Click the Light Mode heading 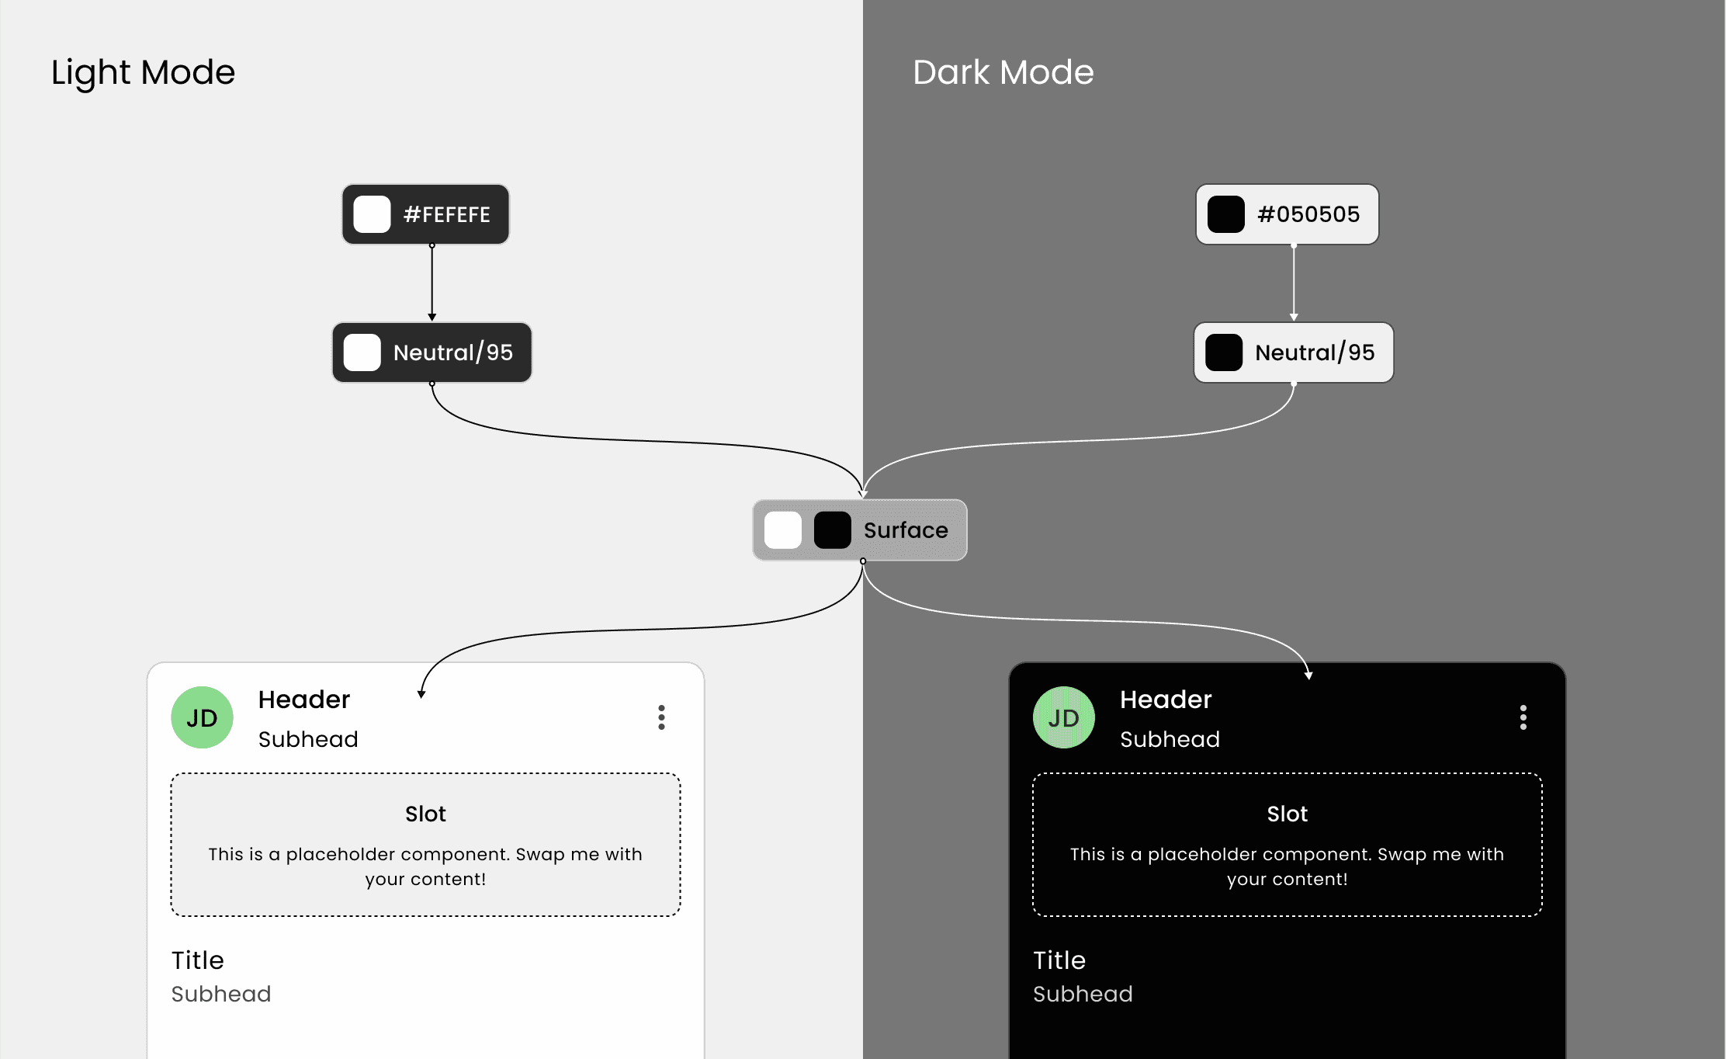pyautogui.click(x=143, y=73)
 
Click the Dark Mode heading pyautogui.click(x=1003, y=73)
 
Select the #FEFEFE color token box pyautogui.click(x=425, y=214)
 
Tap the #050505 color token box pyautogui.click(x=1287, y=214)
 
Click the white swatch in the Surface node pyautogui.click(x=782, y=530)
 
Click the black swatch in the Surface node pyautogui.click(x=832, y=530)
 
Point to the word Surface pyautogui.click(x=906, y=530)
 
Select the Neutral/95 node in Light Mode pyautogui.click(x=432, y=352)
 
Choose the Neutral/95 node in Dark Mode pyautogui.click(x=1294, y=352)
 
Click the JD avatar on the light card pyautogui.click(x=202, y=717)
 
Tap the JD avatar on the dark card pyautogui.click(x=1063, y=717)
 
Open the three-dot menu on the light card pyautogui.click(x=661, y=717)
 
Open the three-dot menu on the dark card pyautogui.click(x=1523, y=717)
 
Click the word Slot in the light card pyautogui.click(x=425, y=814)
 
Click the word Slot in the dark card pyautogui.click(x=1287, y=814)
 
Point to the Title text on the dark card pyautogui.click(x=1059, y=960)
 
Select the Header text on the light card pyautogui.click(x=304, y=700)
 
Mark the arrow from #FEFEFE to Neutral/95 pyautogui.click(x=432, y=283)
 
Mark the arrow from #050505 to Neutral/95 pyautogui.click(x=1294, y=283)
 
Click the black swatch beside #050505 pyautogui.click(x=1226, y=214)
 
